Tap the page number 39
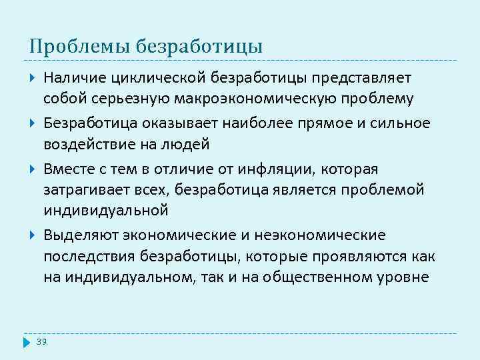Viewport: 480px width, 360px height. pyautogui.click(x=42, y=341)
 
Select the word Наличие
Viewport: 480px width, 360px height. pyautogui.click(x=71, y=79)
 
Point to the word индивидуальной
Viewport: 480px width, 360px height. pyautogui.click(x=106, y=210)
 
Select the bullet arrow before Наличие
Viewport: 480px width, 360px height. pyautogui.click(x=33, y=78)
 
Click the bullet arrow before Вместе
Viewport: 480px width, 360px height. pyautogui.click(x=33, y=169)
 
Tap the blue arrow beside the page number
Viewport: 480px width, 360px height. pyautogui.click(x=27, y=342)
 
